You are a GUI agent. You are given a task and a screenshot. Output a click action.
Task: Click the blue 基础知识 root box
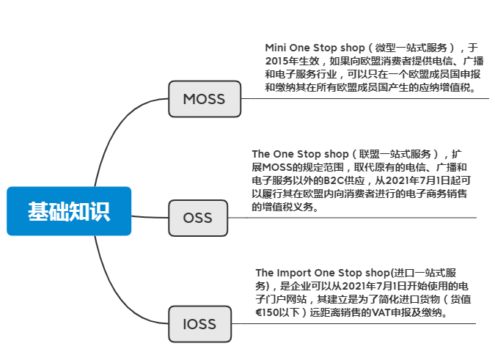69,211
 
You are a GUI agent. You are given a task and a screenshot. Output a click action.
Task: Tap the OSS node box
197,218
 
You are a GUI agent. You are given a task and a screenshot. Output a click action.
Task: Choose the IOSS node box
197,323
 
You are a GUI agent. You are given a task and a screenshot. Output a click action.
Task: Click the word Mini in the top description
277,46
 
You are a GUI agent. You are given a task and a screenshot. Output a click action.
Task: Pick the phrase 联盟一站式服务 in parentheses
394,154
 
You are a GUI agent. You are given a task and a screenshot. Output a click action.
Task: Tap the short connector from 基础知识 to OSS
150,216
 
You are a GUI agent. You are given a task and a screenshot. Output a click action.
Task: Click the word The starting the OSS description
262,154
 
